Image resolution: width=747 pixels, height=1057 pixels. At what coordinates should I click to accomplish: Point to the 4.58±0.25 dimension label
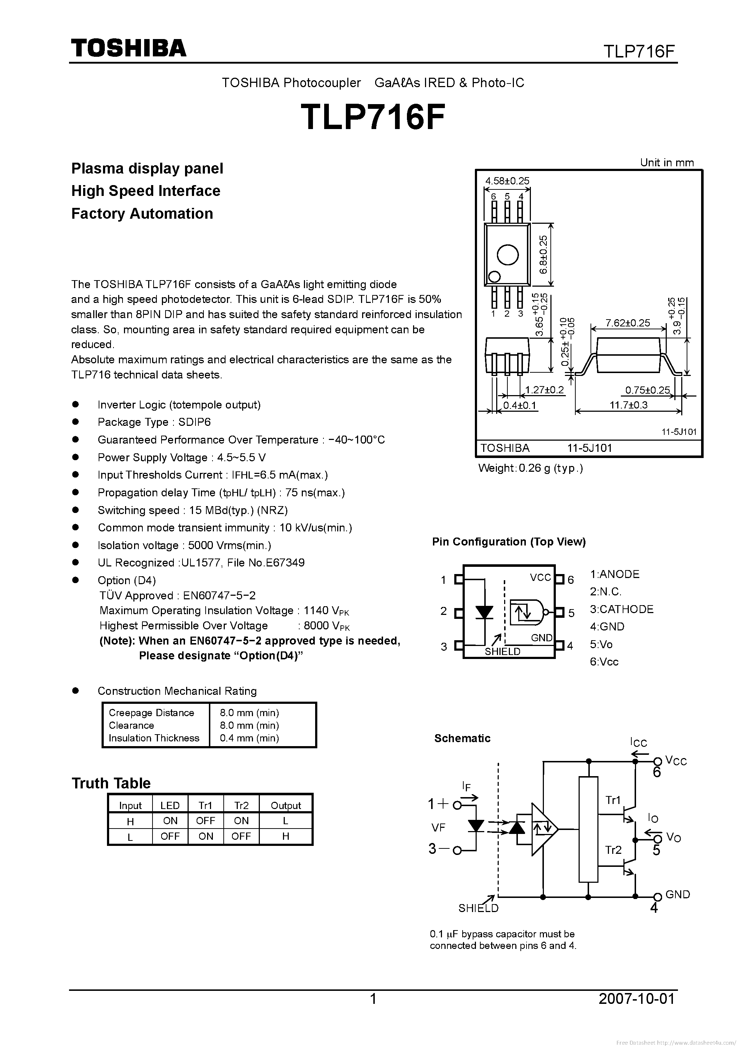click(507, 181)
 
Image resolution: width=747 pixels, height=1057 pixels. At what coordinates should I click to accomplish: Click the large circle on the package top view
click(508, 254)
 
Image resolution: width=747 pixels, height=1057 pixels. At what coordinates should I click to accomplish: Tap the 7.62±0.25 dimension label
click(628, 323)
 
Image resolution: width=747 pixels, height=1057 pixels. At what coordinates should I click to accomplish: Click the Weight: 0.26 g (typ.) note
click(530, 468)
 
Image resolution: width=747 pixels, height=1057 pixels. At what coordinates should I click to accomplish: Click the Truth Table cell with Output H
click(286, 836)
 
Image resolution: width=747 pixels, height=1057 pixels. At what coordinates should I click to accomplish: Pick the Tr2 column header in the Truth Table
click(241, 805)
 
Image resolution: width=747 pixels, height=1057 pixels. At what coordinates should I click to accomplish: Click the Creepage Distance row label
click(151, 712)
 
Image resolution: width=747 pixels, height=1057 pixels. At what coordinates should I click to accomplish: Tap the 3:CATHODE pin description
click(621, 609)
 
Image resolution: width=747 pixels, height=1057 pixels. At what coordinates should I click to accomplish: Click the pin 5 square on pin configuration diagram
click(560, 613)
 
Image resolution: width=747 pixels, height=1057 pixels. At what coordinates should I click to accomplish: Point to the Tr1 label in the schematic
click(613, 800)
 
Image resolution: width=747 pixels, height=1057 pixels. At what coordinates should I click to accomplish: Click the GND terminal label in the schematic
click(678, 894)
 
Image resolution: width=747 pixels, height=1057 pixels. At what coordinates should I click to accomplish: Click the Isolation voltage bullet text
click(184, 545)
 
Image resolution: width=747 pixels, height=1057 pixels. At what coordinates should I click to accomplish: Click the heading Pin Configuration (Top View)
click(508, 542)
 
